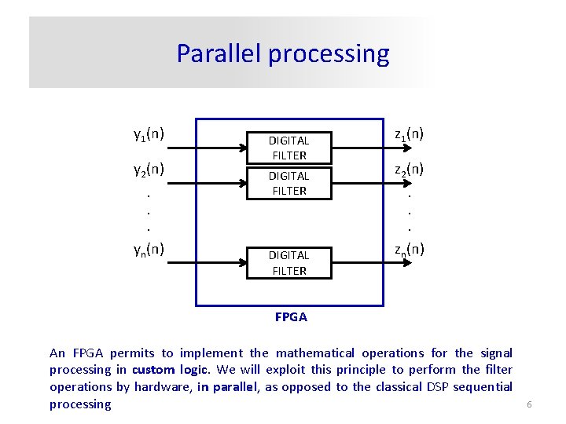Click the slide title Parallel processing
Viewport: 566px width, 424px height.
tap(282, 53)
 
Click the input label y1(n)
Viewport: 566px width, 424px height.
tap(149, 133)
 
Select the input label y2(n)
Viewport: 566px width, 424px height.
tap(149, 169)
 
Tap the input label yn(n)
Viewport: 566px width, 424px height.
tap(149, 249)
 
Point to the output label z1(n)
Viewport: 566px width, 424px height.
tap(409, 133)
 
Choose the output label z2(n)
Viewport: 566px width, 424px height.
tap(409, 169)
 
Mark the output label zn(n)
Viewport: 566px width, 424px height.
tap(409, 249)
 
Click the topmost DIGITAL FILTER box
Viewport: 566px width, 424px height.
tap(289, 147)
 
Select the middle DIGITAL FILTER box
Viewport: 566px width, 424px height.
tap(289, 183)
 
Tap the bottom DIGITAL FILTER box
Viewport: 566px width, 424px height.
tap(289, 262)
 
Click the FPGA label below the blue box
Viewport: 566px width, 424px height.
tap(291, 317)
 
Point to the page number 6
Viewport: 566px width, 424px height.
tap(529, 404)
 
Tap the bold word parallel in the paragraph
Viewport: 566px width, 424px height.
tap(235, 386)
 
